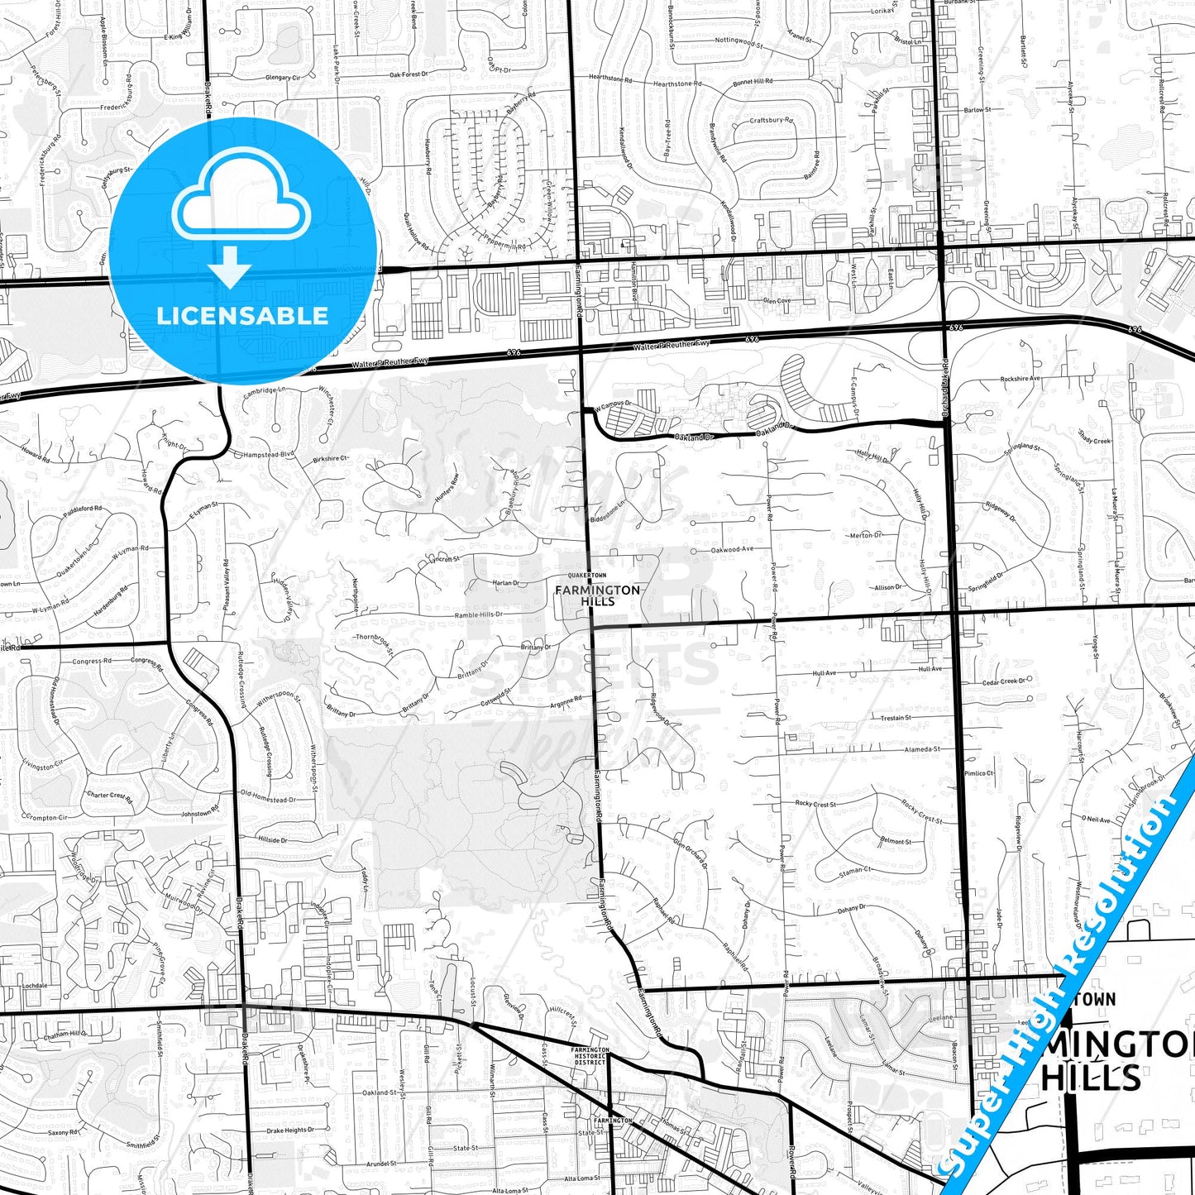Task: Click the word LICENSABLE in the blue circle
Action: point(242,315)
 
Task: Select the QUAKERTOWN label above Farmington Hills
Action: point(586,575)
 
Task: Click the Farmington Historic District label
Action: point(590,1055)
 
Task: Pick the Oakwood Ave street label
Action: point(732,549)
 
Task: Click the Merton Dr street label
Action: point(866,536)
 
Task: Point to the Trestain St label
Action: point(896,718)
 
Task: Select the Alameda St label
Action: point(922,749)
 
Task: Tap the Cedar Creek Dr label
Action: point(1003,681)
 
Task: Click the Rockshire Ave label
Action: point(1020,379)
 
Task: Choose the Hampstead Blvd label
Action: point(269,455)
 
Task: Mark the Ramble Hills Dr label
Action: point(479,615)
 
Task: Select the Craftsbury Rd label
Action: point(771,121)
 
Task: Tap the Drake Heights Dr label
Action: point(290,1130)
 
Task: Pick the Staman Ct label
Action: point(855,870)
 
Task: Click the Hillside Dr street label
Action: point(273,839)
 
